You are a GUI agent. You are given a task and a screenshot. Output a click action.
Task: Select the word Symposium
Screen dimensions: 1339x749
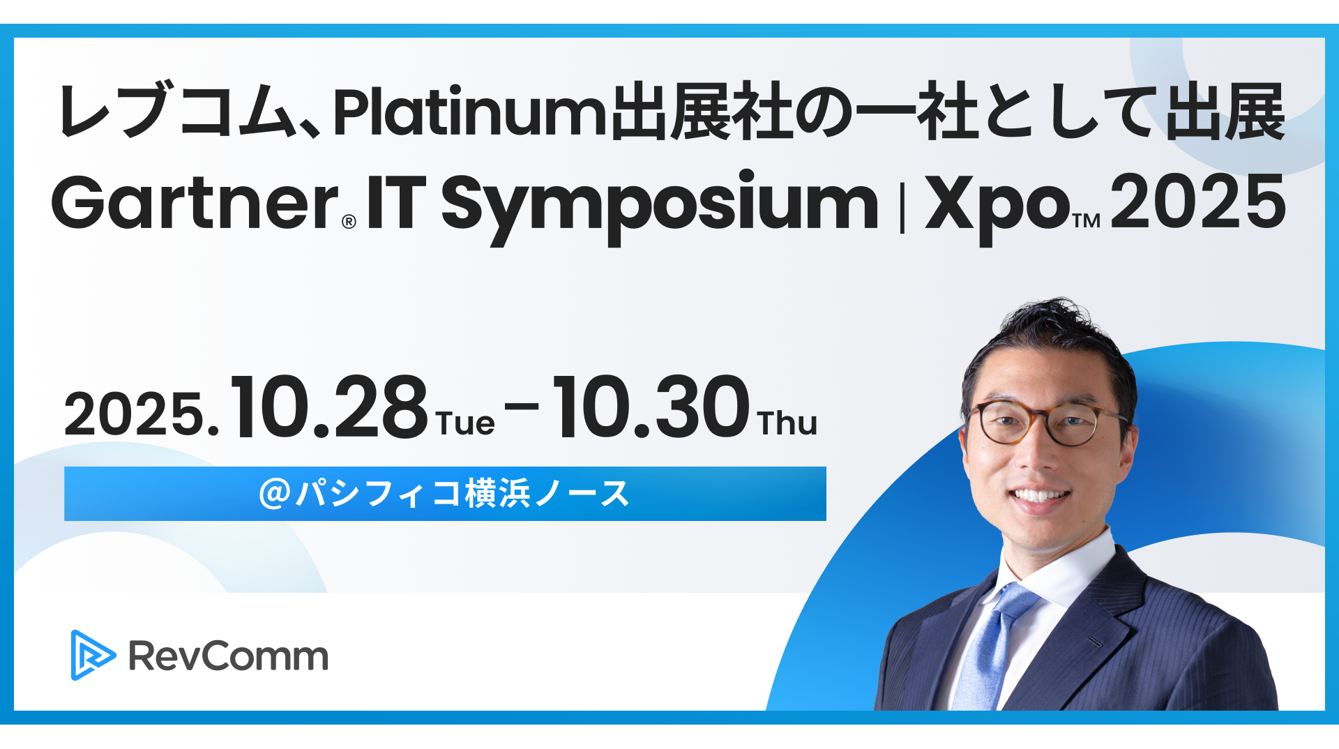click(x=660, y=207)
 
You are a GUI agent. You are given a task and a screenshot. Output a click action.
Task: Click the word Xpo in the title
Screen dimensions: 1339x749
click(x=997, y=207)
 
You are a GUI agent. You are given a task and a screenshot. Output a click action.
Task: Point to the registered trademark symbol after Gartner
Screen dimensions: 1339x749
click(x=349, y=222)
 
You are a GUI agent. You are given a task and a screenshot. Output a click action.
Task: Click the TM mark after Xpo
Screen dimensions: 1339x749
click(x=1087, y=221)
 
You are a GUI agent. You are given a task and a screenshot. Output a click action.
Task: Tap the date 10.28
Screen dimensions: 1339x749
click(x=328, y=407)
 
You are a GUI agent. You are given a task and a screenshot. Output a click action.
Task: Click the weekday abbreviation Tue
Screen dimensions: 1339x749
click(x=466, y=423)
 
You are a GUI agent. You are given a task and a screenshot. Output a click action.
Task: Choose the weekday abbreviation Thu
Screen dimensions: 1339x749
click(x=787, y=423)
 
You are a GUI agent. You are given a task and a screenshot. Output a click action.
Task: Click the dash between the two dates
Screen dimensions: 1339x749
click(x=522, y=405)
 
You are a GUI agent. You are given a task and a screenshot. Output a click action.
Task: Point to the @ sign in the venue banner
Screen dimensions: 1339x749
click(x=274, y=493)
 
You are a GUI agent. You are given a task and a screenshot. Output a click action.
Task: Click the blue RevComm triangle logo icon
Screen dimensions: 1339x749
click(x=93, y=655)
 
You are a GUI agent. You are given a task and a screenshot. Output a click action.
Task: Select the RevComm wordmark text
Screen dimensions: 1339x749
click(x=228, y=656)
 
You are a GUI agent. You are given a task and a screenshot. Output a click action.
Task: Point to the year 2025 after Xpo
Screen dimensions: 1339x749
click(x=1198, y=202)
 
